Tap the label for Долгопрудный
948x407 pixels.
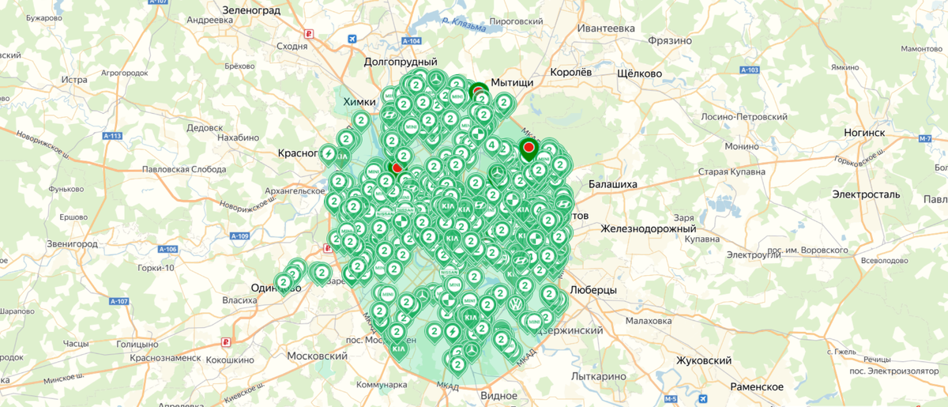click(x=401, y=62)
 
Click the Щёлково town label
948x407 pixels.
click(x=638, y=73)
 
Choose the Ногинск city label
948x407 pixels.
click(x=863, y=132)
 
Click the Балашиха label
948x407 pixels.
click(x=612, y=184)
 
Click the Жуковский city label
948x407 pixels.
click(x=703, y=360)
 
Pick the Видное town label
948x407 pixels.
click(x=498, y=395)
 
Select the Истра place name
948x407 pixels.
click(x=73, y=80)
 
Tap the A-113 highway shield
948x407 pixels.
click(x=113, y=136)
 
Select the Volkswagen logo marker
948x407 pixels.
click(x=515, y=304)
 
